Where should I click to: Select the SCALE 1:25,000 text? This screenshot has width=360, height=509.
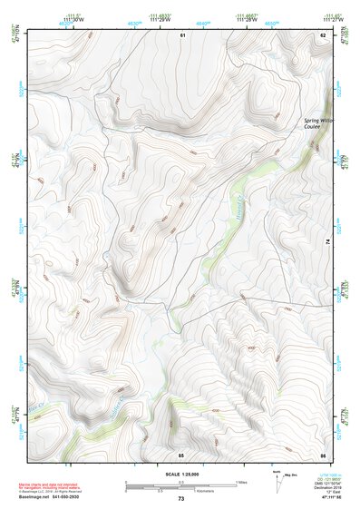(180, 473)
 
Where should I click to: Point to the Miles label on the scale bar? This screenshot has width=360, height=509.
(240, 482)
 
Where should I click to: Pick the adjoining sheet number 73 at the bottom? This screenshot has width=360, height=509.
(180, 500)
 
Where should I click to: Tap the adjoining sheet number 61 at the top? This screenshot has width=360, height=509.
(181, 34)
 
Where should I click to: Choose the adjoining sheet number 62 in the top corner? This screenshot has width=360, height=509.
(322, 34)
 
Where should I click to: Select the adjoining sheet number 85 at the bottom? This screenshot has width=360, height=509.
(181, 454)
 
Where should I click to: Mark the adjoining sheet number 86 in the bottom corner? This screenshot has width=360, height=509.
(322, 454)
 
